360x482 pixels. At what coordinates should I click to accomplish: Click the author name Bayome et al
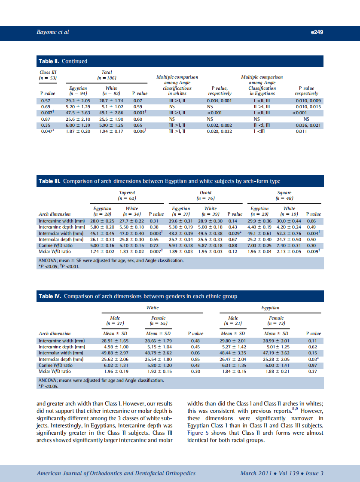coord(53,32)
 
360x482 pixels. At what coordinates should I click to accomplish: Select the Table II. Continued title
coord(63,61)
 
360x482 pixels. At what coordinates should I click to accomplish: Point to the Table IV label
coord(50,296)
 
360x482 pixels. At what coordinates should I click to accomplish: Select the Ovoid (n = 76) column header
coord(205,195)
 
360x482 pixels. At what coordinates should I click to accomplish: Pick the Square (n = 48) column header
coord(284,195)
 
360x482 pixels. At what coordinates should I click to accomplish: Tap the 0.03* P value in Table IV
coord(313,359)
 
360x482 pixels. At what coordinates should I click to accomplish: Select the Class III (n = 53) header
coord(48,75)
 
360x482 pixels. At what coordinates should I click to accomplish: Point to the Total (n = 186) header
coord(107,75)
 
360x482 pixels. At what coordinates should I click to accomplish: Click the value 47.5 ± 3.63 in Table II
coord(77,113)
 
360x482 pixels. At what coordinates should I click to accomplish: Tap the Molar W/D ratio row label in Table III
coord(55,251)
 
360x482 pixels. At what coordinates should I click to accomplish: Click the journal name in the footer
coord(116,473)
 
